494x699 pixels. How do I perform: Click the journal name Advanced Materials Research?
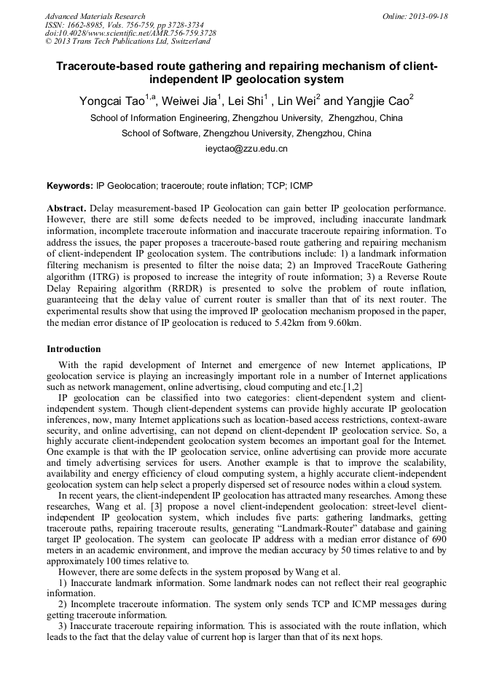(95, 16)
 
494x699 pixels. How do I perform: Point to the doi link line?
(130, 34)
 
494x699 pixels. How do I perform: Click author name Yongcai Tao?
(112, 101)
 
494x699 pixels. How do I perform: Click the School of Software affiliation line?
(246, 133)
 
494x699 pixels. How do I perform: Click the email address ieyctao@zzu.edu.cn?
(246, 149)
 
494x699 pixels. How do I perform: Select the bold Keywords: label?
(70, 187)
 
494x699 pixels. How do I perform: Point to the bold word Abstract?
(66, 208)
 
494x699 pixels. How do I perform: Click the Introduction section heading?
(74, 349)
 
